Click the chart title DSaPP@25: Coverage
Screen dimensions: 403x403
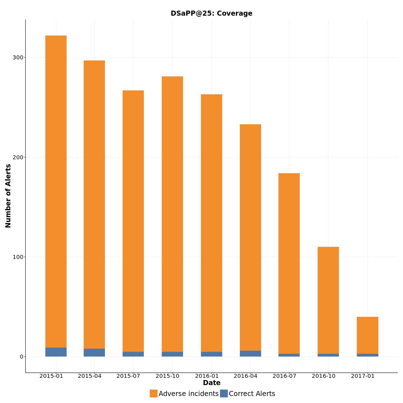click(x=211, y=13)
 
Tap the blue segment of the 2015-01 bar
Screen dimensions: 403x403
click(x=56, y=352)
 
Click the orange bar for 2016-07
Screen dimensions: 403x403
click(x=289, y=263)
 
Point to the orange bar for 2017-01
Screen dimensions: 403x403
click(x=367, y=335)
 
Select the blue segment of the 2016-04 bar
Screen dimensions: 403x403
click(x=250, y=353)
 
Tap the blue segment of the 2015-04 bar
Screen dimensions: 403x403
click(x=94, y=353)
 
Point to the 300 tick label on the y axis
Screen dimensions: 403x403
click(x=18, y=57)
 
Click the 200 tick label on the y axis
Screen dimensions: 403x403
click(x=18, y=157)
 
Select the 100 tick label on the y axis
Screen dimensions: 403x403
click(x=18, y=257)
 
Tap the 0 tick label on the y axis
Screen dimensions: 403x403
click(x=21, y=357)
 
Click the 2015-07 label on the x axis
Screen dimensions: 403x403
click(x=128, y=376)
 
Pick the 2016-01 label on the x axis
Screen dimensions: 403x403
click(x=207, y=376)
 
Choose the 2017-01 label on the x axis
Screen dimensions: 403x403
click(x=363, y=376)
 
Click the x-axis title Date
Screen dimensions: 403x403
click(x=212, y=383)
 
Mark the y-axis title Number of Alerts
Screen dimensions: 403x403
click(x=8, y=196)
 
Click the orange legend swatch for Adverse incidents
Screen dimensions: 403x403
click(x=154, y=393)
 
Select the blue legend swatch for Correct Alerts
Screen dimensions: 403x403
click(x=224, y=393)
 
